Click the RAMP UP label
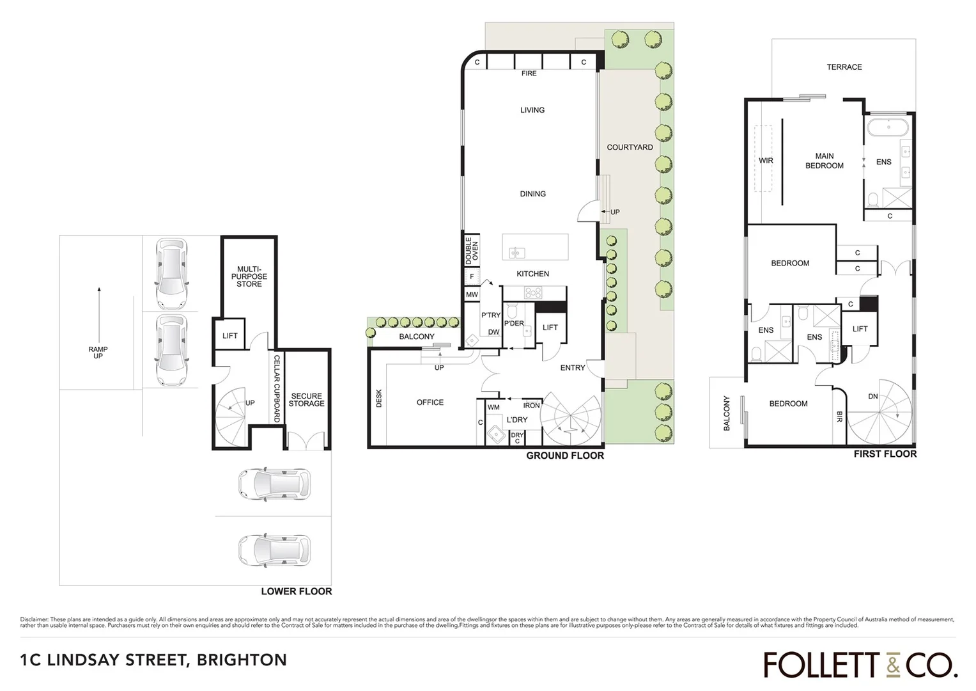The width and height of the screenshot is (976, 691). (98, 353)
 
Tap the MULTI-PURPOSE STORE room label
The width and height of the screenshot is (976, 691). (249, 277)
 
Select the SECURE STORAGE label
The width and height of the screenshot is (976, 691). (306, 400)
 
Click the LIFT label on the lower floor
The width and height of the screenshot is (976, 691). (230, 336)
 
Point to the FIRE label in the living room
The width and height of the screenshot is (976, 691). (529, 74)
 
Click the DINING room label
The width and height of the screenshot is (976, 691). (532, 194)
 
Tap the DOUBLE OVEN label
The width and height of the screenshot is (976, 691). (472, 251)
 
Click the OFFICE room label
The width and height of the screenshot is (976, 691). (430, 402)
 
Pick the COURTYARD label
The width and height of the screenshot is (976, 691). (630, 147)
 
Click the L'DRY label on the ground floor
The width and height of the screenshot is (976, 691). (516, 420)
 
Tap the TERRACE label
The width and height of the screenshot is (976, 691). (844, 67)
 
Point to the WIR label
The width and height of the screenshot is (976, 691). (766, 161)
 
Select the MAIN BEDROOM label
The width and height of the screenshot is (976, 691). (824, 161)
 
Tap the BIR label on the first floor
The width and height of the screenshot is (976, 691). (839, 417)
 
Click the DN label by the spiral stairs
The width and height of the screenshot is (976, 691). (872, 397)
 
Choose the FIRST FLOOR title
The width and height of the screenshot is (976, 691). (885, 454)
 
